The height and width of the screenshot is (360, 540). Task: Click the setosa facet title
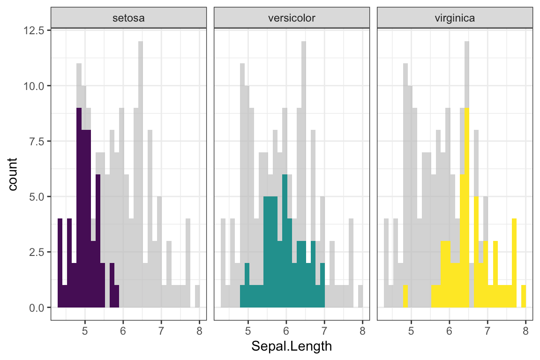[x=128, y=19]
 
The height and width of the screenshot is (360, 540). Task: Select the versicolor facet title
[x=292, y=19]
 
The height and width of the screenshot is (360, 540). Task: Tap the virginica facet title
[x=455, y=19]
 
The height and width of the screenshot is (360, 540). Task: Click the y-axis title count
[x=13, y=174]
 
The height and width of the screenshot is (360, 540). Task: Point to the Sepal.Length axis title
[x=292, y=346]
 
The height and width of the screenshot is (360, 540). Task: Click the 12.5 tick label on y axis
[x=35, y=30]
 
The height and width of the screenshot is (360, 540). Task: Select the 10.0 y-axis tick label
[x=35, y=86]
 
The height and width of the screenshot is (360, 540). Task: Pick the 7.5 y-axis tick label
[x=37, y=142]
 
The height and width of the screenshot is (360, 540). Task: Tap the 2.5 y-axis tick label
[x=37, y=252]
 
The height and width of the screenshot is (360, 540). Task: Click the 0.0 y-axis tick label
[x=37, y=307]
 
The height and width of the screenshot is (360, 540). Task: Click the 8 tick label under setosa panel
[x=199, y=330]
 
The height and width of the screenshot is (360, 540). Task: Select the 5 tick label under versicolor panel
[x=248, y=330]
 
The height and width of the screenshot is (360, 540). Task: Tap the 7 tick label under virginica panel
[x=487, y=330]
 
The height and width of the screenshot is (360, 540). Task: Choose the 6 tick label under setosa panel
[x=123, y=330]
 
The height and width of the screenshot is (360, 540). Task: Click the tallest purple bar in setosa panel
[x=79, y=206]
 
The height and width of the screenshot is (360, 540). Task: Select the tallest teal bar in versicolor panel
[x=285, y=239]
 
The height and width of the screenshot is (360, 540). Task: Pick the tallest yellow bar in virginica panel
[x=467, y=206]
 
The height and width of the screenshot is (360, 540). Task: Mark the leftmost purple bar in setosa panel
[x=60, y=262]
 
